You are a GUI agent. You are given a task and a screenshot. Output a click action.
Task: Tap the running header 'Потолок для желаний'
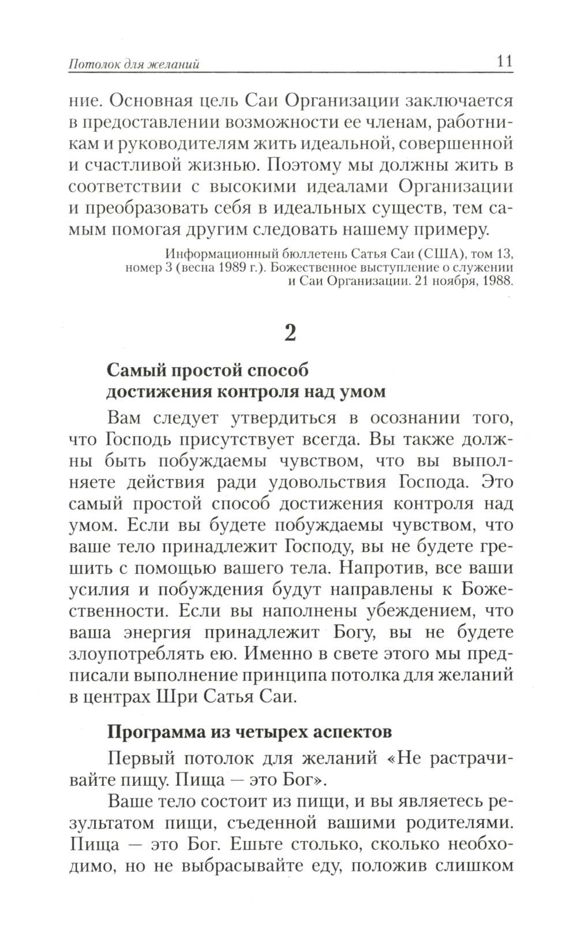pos(134,64)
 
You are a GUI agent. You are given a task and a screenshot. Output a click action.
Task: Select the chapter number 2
pos(290,333)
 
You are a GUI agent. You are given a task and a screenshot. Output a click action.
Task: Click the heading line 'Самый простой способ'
pos(208,369)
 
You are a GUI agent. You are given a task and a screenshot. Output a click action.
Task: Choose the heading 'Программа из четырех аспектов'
pos(250,731)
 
